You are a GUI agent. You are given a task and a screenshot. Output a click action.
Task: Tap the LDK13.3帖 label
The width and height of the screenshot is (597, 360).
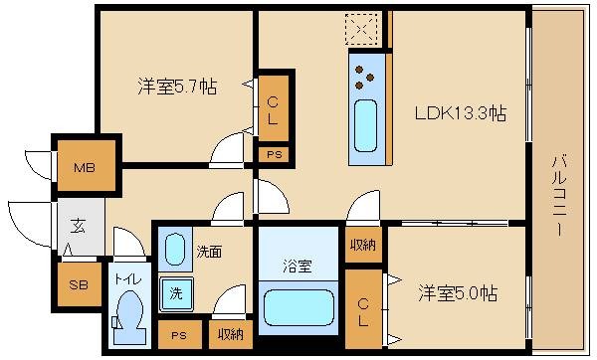pyautogui.click(x=461, y=113)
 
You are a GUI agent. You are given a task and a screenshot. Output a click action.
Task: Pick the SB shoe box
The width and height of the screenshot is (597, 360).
pyautogui.click(x=77, y=283)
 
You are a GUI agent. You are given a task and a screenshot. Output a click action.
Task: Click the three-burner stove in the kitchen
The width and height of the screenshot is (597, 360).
pyautogui.click(x=364, y=74)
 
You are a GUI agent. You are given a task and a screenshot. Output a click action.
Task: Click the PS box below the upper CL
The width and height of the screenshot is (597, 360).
pyautogui.click(x=273, y=154)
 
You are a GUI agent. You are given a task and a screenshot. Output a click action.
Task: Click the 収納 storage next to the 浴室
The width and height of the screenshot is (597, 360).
pyautogui.click(x=362, y=245)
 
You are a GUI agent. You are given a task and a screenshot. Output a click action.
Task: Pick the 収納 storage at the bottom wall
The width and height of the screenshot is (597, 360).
pyautogui.click(x=230, y=334)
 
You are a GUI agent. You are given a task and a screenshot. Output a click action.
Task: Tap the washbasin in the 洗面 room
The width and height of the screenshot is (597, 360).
pyautogui.click(x=176, y=251)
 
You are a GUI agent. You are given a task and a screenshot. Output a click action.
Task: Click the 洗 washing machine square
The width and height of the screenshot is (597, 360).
pyautogui.click(x=175, y=295)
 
